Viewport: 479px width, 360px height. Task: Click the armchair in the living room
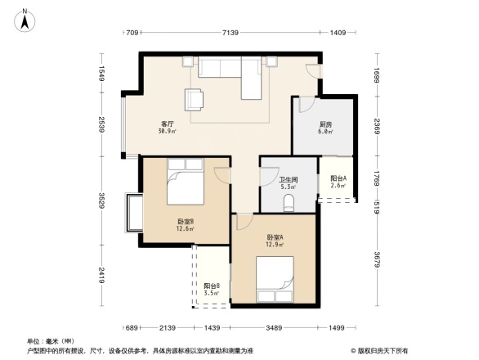click(195, 99)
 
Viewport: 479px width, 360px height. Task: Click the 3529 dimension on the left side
click(101, 201)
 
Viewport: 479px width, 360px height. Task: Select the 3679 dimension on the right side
click(377, 261)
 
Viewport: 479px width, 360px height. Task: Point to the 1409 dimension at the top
click(338, 33)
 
